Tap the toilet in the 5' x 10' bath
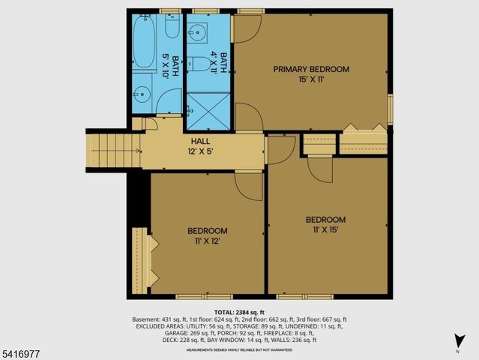click(172, 28)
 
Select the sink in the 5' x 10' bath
click(142, 95)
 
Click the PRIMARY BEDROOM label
click(311, 70)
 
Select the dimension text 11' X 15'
click(325, 229)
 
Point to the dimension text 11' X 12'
click(207, 241)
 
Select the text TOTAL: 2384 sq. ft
click(239, 312)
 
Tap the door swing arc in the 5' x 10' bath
click(170, 101)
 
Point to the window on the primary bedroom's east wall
click(390, 109)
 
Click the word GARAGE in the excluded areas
click(147, 333)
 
